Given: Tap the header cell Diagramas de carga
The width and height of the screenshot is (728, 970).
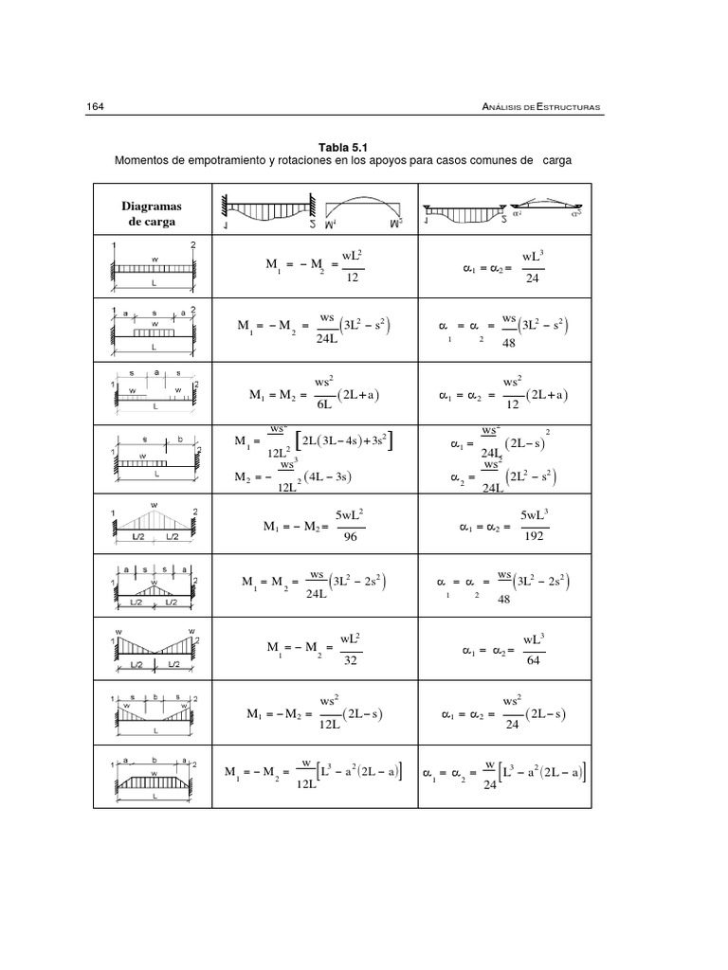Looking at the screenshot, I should (x=152, y=213).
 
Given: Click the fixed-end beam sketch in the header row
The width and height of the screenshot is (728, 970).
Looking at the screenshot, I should (x=268, y=212).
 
